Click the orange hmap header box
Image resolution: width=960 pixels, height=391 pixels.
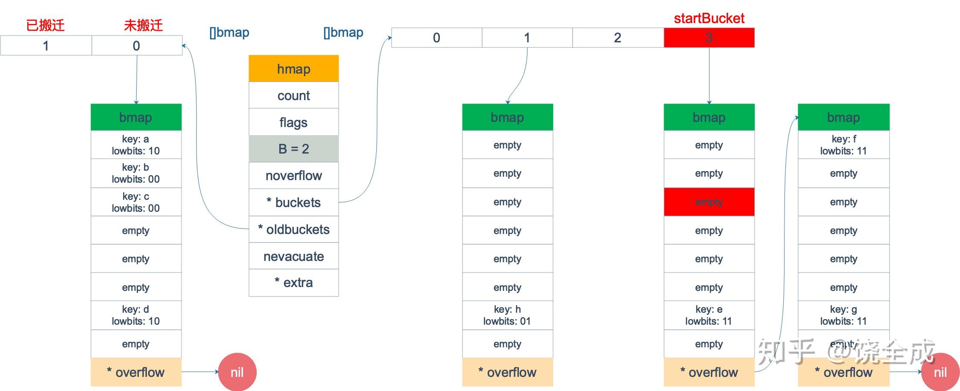click(293, 68)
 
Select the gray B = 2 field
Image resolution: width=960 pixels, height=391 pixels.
click(293, 149)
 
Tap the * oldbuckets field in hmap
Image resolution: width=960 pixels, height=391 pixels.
click(293, 229)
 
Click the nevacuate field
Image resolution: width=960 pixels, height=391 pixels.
click(293, 256)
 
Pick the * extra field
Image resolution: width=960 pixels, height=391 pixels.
click(293, 283)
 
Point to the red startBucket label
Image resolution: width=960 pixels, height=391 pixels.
click(709, 18)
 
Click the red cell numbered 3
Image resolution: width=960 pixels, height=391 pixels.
click(709, 38)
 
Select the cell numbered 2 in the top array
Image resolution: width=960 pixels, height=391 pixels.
click(618, 38)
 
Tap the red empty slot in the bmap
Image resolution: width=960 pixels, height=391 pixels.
click(709, 202)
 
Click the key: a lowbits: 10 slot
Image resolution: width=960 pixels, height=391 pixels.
click(136, 145)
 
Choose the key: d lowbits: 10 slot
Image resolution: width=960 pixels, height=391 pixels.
click(136, 315)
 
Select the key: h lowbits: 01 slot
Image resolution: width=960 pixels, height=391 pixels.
click(507, 315)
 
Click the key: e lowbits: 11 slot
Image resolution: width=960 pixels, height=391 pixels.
click(709, 315)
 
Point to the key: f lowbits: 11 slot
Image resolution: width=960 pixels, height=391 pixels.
click(843, 145)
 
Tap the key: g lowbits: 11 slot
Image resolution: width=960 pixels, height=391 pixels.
click(843, 315)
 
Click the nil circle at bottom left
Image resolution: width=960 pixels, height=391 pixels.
click(237, 372)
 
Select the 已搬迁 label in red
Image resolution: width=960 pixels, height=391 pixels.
click(45, 25)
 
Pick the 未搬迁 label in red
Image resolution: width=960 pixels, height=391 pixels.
click(143, 25)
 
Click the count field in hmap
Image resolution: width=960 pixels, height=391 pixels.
click(293, 95)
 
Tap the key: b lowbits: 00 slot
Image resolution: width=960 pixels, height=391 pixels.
click(136, 173)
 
